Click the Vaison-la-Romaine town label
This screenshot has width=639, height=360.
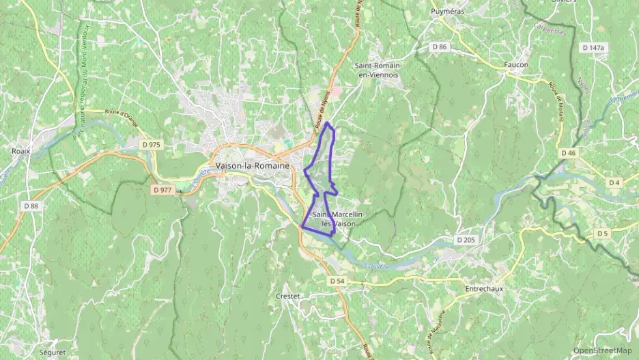(x=252, y=166)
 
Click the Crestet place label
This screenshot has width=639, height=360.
(x=288, y=296)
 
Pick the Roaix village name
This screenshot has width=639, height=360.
(x=21, y=151)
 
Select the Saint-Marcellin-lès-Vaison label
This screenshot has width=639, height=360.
(x=338, y=219)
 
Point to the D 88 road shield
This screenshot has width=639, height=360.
(x=31, y=206)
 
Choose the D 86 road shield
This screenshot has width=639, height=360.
(x=439, y=46)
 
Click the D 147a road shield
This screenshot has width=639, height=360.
(x=593, y=48)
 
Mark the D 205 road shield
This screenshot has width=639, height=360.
(x=466, y=240)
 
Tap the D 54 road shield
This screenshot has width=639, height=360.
(x=336, y=281)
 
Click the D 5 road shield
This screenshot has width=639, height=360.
(x=601, y=234)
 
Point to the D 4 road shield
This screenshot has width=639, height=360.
(x=614, y=182)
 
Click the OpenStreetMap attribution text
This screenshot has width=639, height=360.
(x=603, y=350)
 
